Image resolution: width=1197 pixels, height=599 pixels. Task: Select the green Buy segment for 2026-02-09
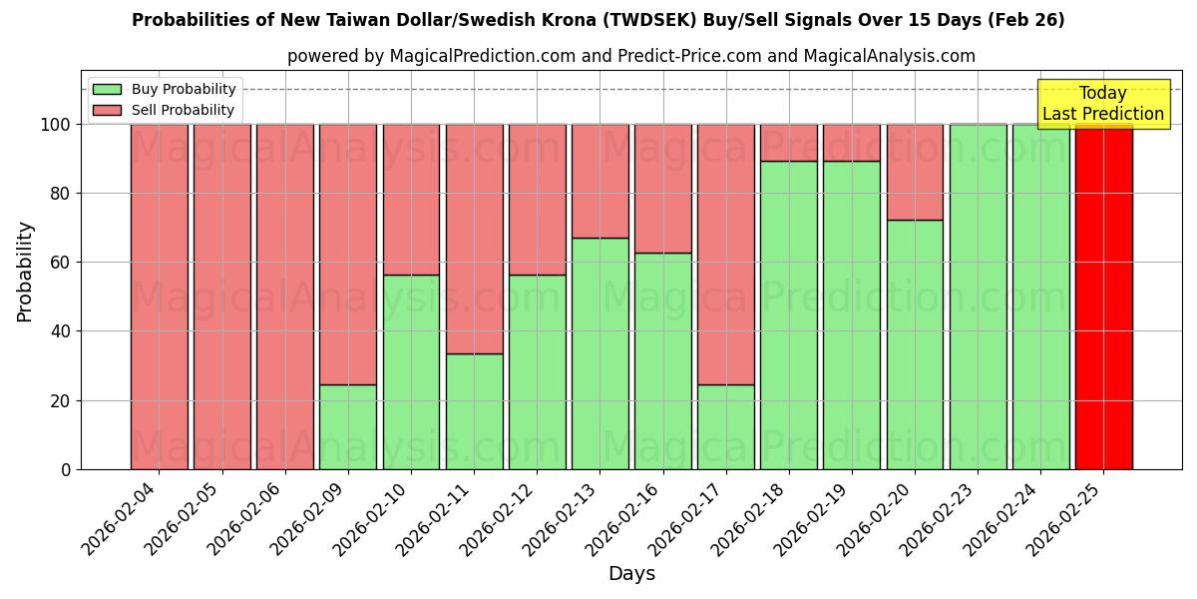coord(348,426)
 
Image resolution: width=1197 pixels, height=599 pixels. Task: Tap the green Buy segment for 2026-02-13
coord(599,353)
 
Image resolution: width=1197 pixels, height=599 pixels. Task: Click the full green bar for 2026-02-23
coord(978,297)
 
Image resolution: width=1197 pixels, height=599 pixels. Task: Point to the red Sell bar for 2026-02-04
coord(160,297)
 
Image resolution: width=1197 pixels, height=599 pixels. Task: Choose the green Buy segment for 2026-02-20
coord(915,344)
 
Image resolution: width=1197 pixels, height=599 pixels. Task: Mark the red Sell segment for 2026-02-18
coord(789,143)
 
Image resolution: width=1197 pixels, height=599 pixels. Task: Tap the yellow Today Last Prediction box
coord(1103,104)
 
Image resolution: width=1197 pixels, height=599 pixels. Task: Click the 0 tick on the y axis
coord(66,469)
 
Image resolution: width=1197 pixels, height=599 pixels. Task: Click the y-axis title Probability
coord(26,271)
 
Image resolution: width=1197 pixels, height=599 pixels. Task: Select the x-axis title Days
coord(631,574)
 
